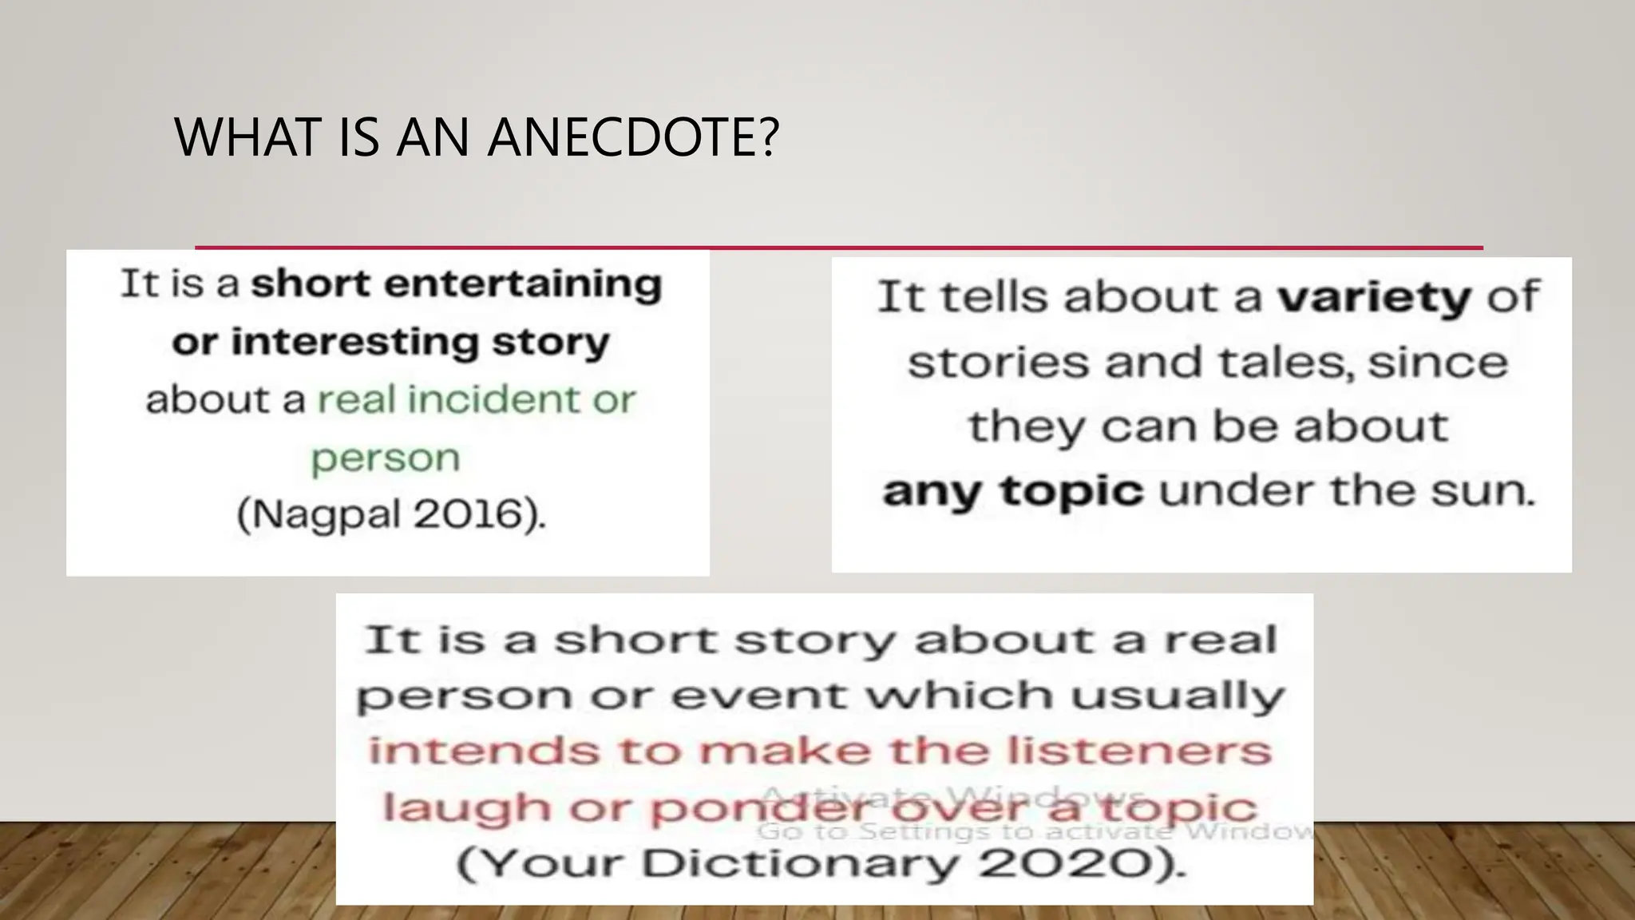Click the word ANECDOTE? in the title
(x=632, y=137)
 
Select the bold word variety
(x=1374, y=298)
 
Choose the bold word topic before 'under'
(x=1071, y=490)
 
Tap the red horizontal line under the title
(x=838, y=248)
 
